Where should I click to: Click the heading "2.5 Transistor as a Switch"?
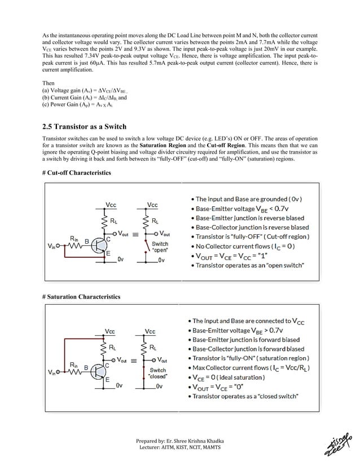click(x=85, y=126)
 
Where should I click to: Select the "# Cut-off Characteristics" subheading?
click(x=77, y=172)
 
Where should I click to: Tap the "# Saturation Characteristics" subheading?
click(x=81, y=296)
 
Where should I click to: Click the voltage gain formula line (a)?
click(x=85, y=91)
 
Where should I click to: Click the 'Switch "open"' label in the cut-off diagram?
click(x=160, y=247)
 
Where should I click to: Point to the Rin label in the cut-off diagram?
click(x=73, y=237)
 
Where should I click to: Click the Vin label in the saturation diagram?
click(x=53, y=372)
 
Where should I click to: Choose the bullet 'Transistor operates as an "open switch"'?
click(x=250, y=265)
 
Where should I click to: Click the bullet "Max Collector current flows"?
click(x=253, y=368)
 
